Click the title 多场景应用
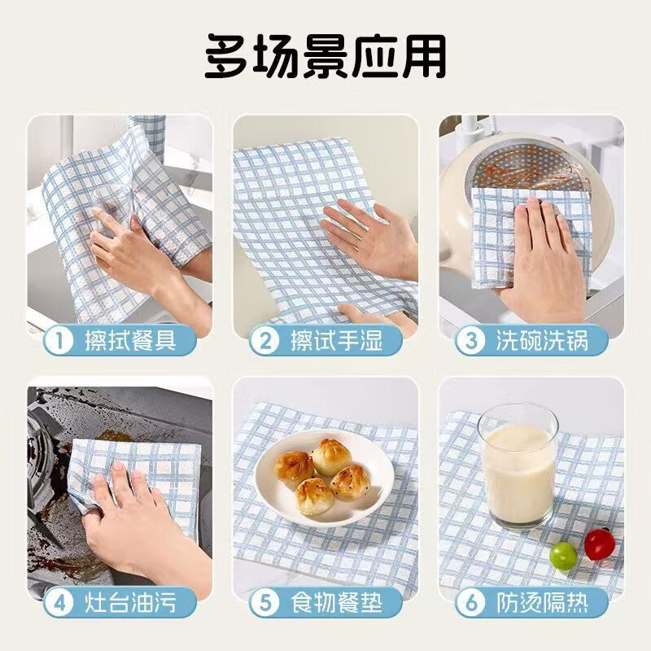325,56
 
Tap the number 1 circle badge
59,341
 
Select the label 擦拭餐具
131,341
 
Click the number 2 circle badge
265,341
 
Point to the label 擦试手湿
336,341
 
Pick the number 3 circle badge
471,341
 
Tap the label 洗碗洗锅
542,341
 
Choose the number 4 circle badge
59,602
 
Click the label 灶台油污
131,602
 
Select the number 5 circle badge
265,602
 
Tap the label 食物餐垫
336,602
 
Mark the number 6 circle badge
471,602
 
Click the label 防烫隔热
542,602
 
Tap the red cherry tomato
600,544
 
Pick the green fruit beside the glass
563,556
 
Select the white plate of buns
324,478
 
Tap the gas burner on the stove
42,461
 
